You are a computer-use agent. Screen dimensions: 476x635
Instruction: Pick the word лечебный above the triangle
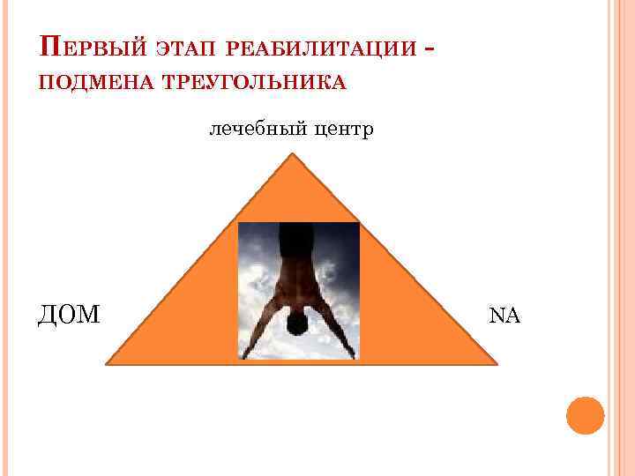pos(250,130)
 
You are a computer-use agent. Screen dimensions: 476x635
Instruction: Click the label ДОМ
pos(70,314)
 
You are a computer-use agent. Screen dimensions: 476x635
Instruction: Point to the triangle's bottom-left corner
pos(108,362)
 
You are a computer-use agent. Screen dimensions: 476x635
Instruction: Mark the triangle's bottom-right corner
pos(497,361)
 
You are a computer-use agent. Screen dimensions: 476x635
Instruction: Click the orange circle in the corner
pos(584,416)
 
